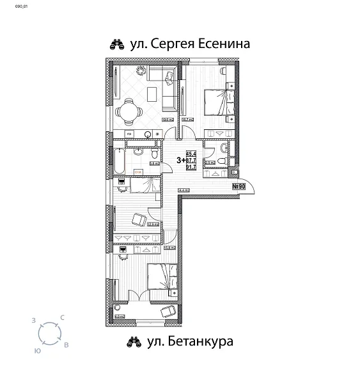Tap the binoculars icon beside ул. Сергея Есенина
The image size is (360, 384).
[117, 45]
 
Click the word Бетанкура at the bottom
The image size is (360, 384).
[203, 342]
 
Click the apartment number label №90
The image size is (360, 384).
[239, 186]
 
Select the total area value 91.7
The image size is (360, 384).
[191, 168]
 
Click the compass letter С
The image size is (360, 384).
[62, 317]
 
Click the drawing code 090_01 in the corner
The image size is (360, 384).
[13, 5]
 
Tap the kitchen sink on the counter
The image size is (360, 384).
[148, 134]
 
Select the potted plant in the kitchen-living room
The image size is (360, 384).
[168, 77]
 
